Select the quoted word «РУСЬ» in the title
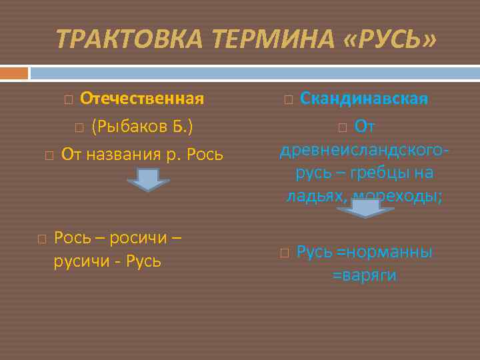coord(389,39)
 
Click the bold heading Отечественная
coord(141,99)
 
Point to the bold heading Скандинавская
coord(364,99)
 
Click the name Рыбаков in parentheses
coord(134,127)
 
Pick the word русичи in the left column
coord(77,261)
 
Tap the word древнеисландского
coord(360,149)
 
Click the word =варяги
coord(364,275)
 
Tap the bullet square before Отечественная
coord(68,100)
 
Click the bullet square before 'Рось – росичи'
coord(41,238)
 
